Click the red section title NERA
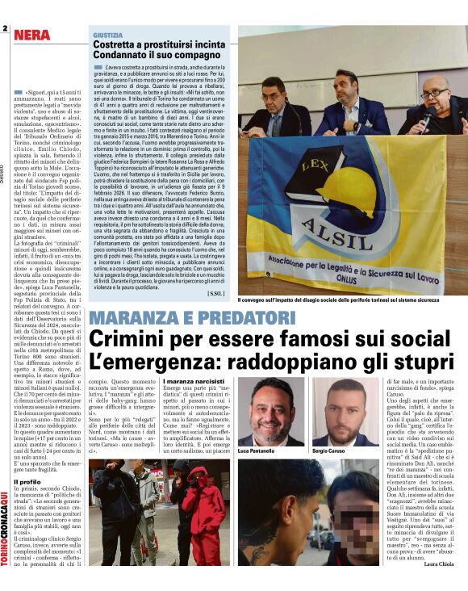[x=31, y=36]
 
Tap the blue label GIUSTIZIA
[x=108, y=36]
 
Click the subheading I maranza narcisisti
[x=194, y=379]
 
